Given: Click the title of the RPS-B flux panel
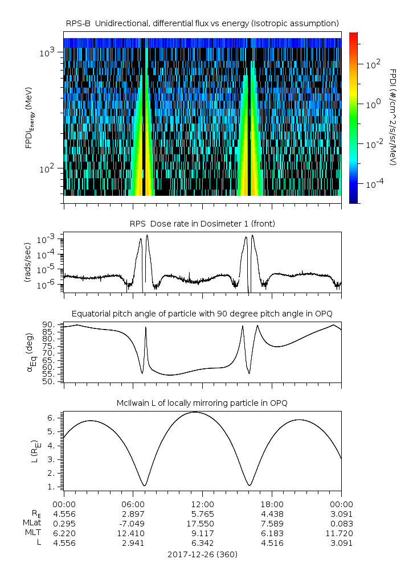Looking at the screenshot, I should pyautogui.click(x=202, y=23).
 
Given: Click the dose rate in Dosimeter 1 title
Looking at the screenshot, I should pyautogui.click(x=202, y=224).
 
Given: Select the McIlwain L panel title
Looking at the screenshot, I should pyautogui.click(x=202, y=403).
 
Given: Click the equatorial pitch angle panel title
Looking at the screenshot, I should pyautogui.click(x=202, y=314).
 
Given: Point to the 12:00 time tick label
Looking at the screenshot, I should pyautogui.click(x=202, y=504).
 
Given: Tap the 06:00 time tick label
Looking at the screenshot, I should pyautogui.click(x=133, y=504).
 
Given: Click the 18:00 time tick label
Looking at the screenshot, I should pyautogui.click(x=272, y=504).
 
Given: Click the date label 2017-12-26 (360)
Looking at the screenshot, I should pyautogui.click(x=202, y=554).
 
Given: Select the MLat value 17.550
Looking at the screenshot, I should pyautogui.click(x=202, y=523).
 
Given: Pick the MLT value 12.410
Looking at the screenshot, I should pyautogui.click(x=133, y=533).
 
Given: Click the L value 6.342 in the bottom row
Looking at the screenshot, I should pyautogui.click(x=202, y=542).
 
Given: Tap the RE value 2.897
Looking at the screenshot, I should pyautogui.click(x=133, y=513).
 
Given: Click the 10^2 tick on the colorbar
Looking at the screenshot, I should pyautogui.click(x=373, y=65).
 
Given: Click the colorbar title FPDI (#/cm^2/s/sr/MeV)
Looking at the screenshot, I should pyautogui.click(x=394, y=117).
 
